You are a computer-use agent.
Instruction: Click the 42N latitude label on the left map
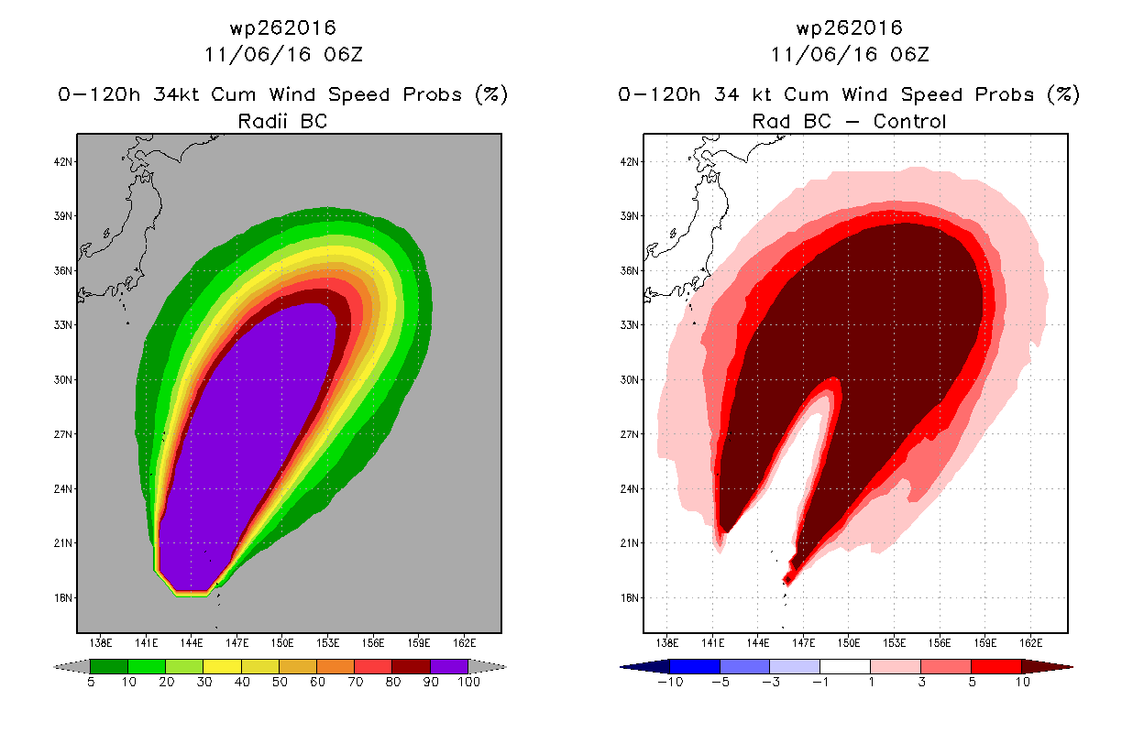tap(63, 162)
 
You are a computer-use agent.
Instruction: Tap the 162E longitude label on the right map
tap(1031, 643)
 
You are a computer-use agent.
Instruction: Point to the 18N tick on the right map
tap(629, 597)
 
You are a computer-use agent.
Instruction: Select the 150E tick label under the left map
tap(282, 643)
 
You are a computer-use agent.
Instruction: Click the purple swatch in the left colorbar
tap(449, 666)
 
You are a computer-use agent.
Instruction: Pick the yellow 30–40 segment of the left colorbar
tap(222, 666)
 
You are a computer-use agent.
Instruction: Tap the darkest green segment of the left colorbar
tap(109, 666)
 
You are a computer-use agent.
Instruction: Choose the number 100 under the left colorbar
tap(468, 682)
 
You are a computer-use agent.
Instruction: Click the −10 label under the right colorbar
tap(670, 682)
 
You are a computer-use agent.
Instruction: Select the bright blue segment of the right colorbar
tap(695, 666)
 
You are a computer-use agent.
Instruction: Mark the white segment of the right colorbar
tap(845, 666)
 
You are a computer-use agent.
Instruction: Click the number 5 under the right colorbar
tap(972, 682)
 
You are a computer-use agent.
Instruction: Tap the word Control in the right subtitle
tap(909, 121)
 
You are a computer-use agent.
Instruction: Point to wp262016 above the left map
tap(283, 27)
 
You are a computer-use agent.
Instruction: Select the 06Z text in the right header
tap(910, 54)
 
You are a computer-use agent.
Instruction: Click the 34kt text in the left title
tap(176, 94)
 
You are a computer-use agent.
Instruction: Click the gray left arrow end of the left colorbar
tap(71, 667)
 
